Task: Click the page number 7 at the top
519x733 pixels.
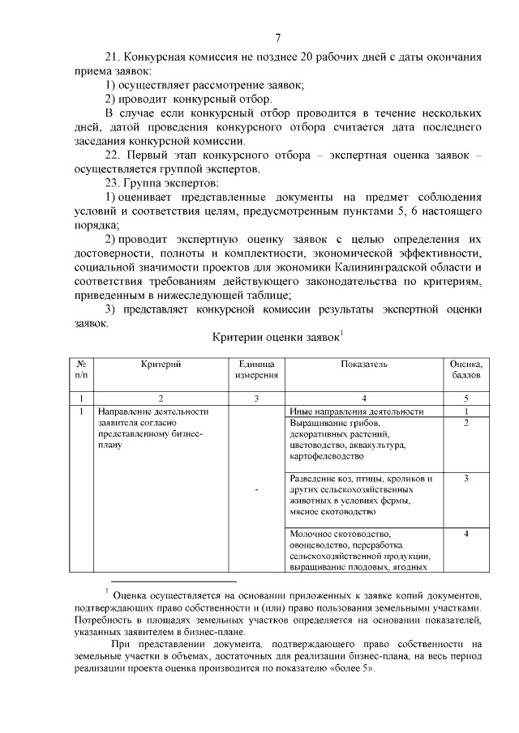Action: pyautogui.click(x=277, y=36)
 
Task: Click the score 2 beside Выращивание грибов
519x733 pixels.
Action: pyautogui.click(x=465, y=423)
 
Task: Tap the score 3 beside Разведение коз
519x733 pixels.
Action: pyautogui.click(x=465, y=478)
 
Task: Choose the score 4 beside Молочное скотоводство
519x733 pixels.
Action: pyautogui.click(x=465, y=534)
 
